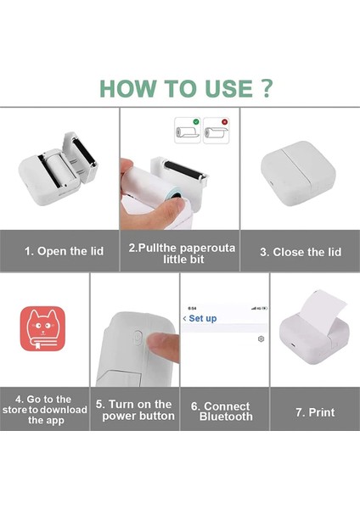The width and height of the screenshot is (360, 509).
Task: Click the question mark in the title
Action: click(x=267, y=88)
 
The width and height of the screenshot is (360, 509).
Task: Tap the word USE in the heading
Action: click(x=228, y=88)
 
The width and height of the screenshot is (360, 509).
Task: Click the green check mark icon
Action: click(x=196, y=121)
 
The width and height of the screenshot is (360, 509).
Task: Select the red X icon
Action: click(x=224, y=122)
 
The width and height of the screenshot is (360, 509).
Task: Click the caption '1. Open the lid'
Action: click(x=64, y=251)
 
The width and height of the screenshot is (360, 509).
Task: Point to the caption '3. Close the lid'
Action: click(x=301, y=252)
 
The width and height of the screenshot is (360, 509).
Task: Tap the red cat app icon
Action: click(x=42, y=328)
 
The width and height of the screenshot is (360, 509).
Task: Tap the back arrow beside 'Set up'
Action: click(x=184, y=318)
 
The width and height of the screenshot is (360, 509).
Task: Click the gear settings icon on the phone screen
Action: click(x=261, y=338)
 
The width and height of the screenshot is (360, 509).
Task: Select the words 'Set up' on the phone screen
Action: click(x=203, y=318)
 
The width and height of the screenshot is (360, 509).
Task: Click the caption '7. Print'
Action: click(x=315, y=412)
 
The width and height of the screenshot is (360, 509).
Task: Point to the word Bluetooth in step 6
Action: click(x=226, y=417)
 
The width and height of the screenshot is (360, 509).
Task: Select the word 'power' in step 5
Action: click(x=118, y=417)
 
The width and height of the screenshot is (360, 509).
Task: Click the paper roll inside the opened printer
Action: click(x=59, y=170)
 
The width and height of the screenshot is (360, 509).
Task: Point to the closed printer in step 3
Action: click(x=298, y=173)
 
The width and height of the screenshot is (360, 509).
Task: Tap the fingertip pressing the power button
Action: click(x=161, y=346)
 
